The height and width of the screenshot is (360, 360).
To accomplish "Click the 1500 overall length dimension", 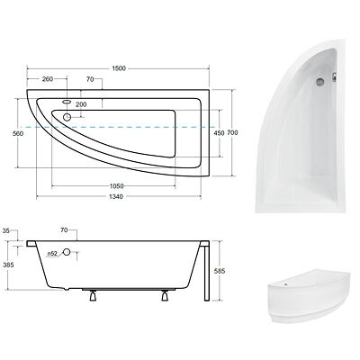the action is [x=119, y=68].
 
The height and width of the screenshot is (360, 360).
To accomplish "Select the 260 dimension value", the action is [x=48, y=79].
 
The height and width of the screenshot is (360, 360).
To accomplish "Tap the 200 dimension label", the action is [x=81, y=104].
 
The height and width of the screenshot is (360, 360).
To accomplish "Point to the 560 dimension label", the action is [x=18, y=134].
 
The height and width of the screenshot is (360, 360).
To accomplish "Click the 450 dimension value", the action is [x=220, y=133].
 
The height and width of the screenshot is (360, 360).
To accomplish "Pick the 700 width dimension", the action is [x=232, y=132].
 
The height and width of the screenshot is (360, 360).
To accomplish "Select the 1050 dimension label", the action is [x=116, y=186].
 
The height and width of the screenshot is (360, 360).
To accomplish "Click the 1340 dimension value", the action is [x=116, y=197].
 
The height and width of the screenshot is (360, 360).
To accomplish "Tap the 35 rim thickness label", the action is [x=6, y=230].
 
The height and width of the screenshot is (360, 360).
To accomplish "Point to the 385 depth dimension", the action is [x=7, y=265].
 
